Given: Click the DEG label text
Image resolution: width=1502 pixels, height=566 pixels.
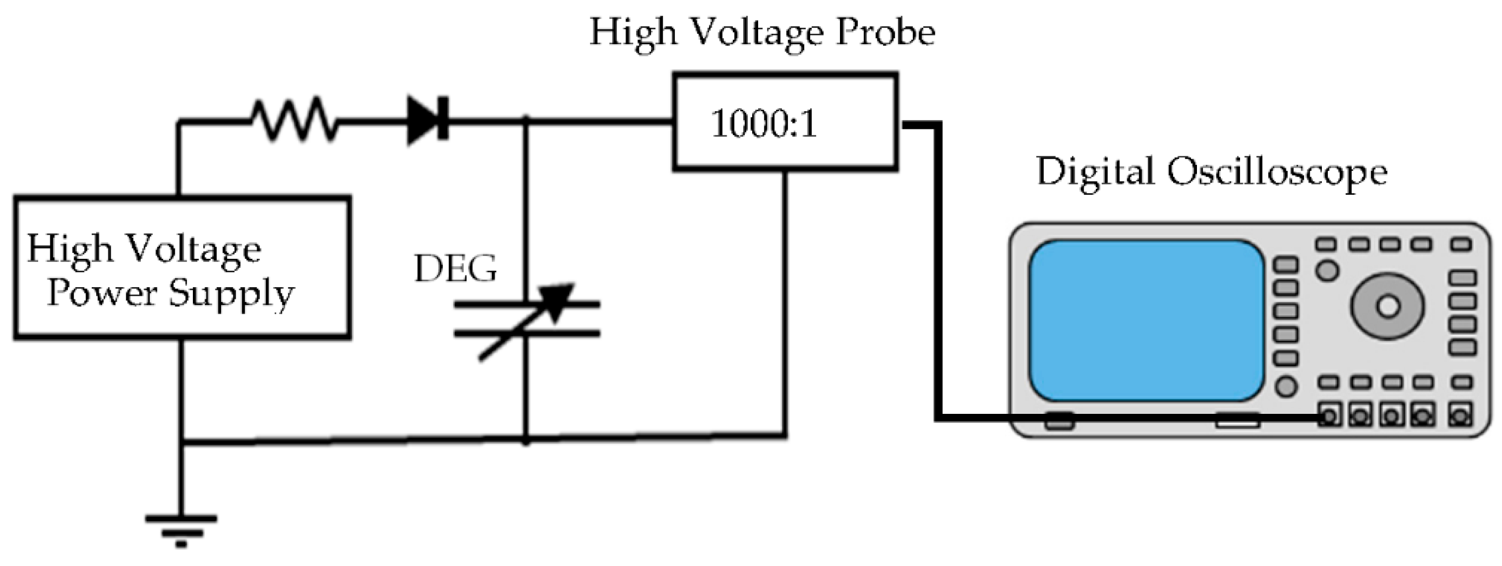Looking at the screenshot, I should point(455,269).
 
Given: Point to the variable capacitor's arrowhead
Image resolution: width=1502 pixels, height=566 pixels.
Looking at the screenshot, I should point(561,297).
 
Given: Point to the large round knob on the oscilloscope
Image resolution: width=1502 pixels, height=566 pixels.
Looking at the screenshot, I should point(1388,306).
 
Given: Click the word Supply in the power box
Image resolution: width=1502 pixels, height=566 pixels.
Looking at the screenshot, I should point(232,293).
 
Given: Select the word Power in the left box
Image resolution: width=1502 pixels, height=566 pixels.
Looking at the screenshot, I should point(102,293).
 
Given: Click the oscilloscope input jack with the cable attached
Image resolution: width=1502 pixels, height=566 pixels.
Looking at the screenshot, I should point(1330,417).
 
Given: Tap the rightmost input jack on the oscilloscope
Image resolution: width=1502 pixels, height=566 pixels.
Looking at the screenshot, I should point(1460,417).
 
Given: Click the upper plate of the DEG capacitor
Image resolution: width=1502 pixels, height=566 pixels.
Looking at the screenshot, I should point(527,304).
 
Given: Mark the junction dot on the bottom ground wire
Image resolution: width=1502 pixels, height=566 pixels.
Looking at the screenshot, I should point(526,440).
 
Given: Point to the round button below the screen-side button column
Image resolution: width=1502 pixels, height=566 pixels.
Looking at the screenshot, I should point(1286,386).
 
